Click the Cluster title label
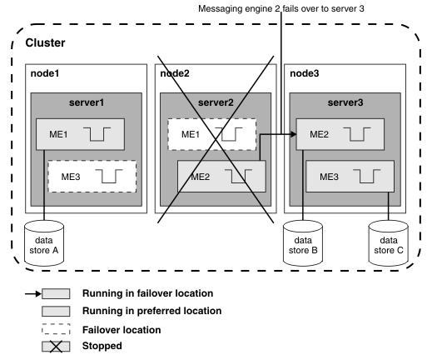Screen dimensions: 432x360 (x=45, y=42)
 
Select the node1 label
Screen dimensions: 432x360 (x=45, y=73)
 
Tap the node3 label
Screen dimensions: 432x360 (x=305, y=73)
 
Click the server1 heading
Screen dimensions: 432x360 (x=87, y=102)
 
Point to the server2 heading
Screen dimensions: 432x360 (x=216, y=102)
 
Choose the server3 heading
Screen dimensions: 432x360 (x=345, y=102)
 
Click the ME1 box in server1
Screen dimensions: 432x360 (x=80, y=134)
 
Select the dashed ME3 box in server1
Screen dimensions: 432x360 (x=92, y=177)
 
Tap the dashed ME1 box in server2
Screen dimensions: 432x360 (x=212, y=134)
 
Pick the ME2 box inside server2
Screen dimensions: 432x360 (x=221, y=177)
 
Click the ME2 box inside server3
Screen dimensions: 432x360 (x=340, y=134)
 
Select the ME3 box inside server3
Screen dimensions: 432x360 (x=350, y=177)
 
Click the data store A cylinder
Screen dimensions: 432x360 (x=44, y=243)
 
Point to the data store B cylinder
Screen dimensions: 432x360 (x=303, y=243)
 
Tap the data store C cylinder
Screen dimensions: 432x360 (x=389, y=243)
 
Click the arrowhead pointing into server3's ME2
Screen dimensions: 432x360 (x=294, y=134)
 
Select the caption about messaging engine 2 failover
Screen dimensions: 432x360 (x=281, y=8)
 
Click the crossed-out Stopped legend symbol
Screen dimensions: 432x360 (x=56, y=347)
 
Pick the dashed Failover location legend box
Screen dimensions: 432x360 (x=56, y=329)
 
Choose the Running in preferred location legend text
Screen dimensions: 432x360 (x=151, y=311)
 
